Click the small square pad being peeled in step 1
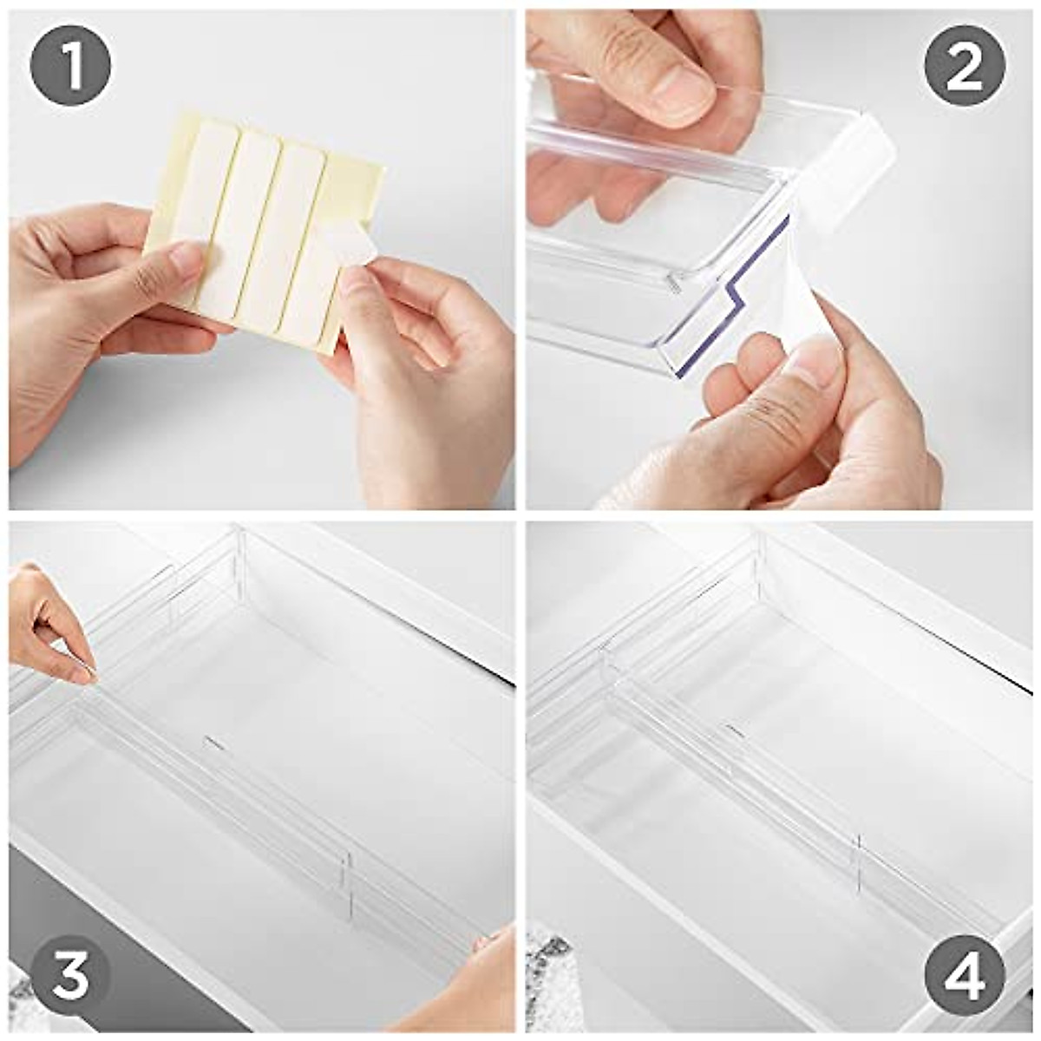click(350, 247)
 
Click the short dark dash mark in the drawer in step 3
click(214, 743)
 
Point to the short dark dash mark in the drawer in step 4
click(735, 731)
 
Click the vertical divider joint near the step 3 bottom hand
click(349, 886)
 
